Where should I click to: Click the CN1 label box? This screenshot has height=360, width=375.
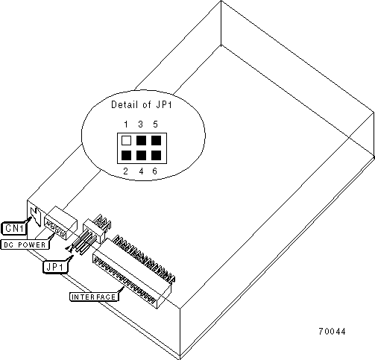click(x=14, y=228)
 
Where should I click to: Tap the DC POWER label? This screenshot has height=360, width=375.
click(x=25, y=244)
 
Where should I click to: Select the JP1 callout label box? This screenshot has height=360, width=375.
click(x=55, y=267)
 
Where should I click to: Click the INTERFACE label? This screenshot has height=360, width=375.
click(x=94, y=297)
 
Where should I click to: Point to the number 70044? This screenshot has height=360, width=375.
click(x=332, y=332)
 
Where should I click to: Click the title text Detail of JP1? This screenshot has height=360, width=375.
click(x=142, y=104)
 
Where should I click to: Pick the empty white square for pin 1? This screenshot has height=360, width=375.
click(x=126, y=141)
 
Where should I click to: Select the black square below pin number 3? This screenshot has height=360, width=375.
click(x=141, y=141)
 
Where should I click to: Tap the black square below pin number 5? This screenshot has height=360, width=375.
click(x=156, y=141)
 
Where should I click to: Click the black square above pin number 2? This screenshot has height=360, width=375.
click(x=126, y=156)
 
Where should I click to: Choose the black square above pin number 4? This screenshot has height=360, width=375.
click(x=141, y=156)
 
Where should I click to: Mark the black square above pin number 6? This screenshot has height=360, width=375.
click(x=156, y=156)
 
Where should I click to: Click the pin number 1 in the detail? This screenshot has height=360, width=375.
click(x=126, y=124)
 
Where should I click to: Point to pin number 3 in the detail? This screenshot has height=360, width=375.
click(x=141, y=124)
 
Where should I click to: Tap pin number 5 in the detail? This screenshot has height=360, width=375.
click(x=155, y=124)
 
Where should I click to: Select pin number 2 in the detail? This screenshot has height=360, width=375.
click(x=126, y=171)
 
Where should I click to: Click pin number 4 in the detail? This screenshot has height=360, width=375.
click(x=141, y=171)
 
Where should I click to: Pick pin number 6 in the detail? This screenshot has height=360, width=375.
click(x=155, y=171)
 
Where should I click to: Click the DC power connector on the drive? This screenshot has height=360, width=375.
click(x=60, y=223)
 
